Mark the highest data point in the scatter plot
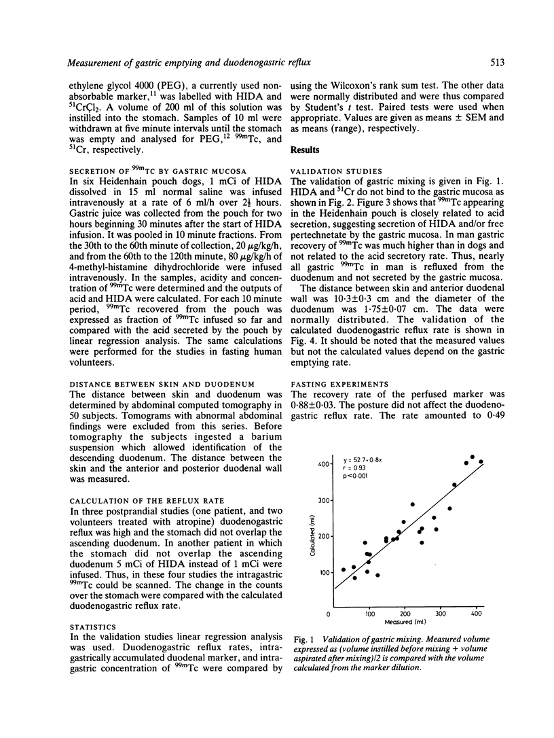pyautogui.click(x=472, y=457)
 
